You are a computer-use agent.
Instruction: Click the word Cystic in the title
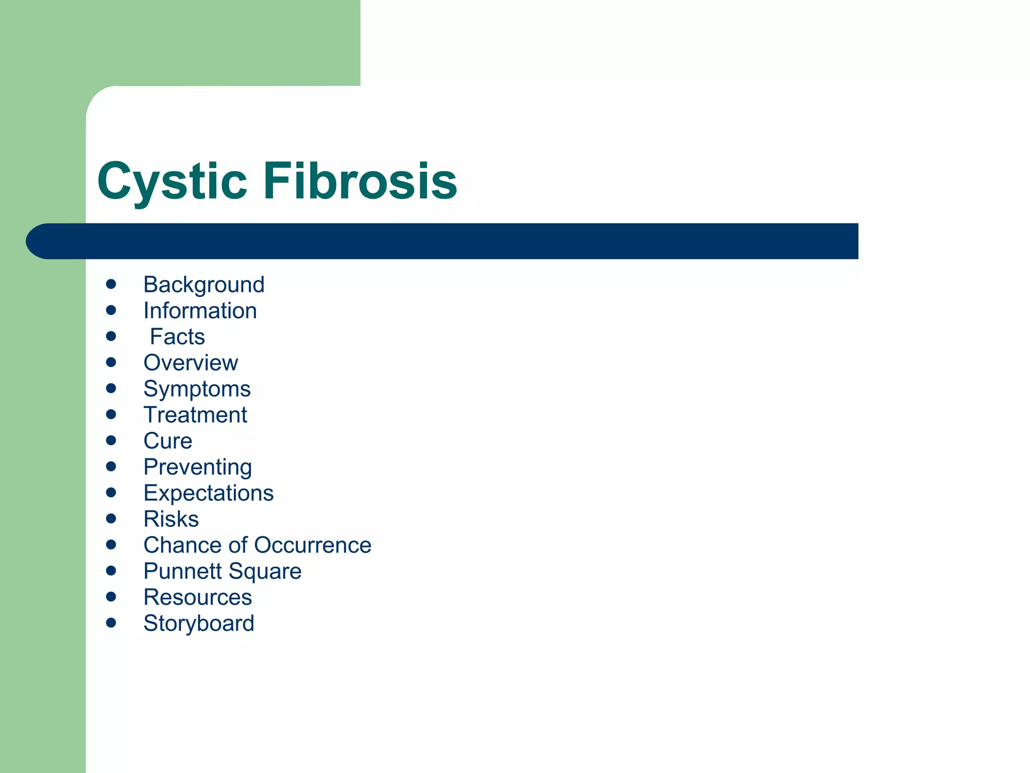click(172, 181)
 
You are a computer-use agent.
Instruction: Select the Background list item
click(204, 285)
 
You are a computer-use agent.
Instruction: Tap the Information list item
click(200, 311)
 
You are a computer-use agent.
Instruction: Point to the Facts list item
click(178, 337)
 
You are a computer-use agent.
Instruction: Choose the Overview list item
click(191, 363)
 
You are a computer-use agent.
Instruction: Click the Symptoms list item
click(197, 389)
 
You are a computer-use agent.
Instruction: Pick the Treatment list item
click(195, 415)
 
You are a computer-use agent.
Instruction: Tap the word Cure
click(168, 441)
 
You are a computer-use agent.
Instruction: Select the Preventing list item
click(198, 467)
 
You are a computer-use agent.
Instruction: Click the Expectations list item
click(208, 493)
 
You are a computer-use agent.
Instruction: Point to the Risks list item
click(171, 519)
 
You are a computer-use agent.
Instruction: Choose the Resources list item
click(198, 598)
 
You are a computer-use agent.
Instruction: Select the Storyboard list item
click(199, 624)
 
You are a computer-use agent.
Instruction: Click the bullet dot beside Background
click(111, 284)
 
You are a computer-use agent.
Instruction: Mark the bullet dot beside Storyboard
click(111, 623)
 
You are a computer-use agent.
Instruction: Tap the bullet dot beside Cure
click(111, 441)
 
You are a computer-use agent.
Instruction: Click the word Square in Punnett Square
click(265, 572)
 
